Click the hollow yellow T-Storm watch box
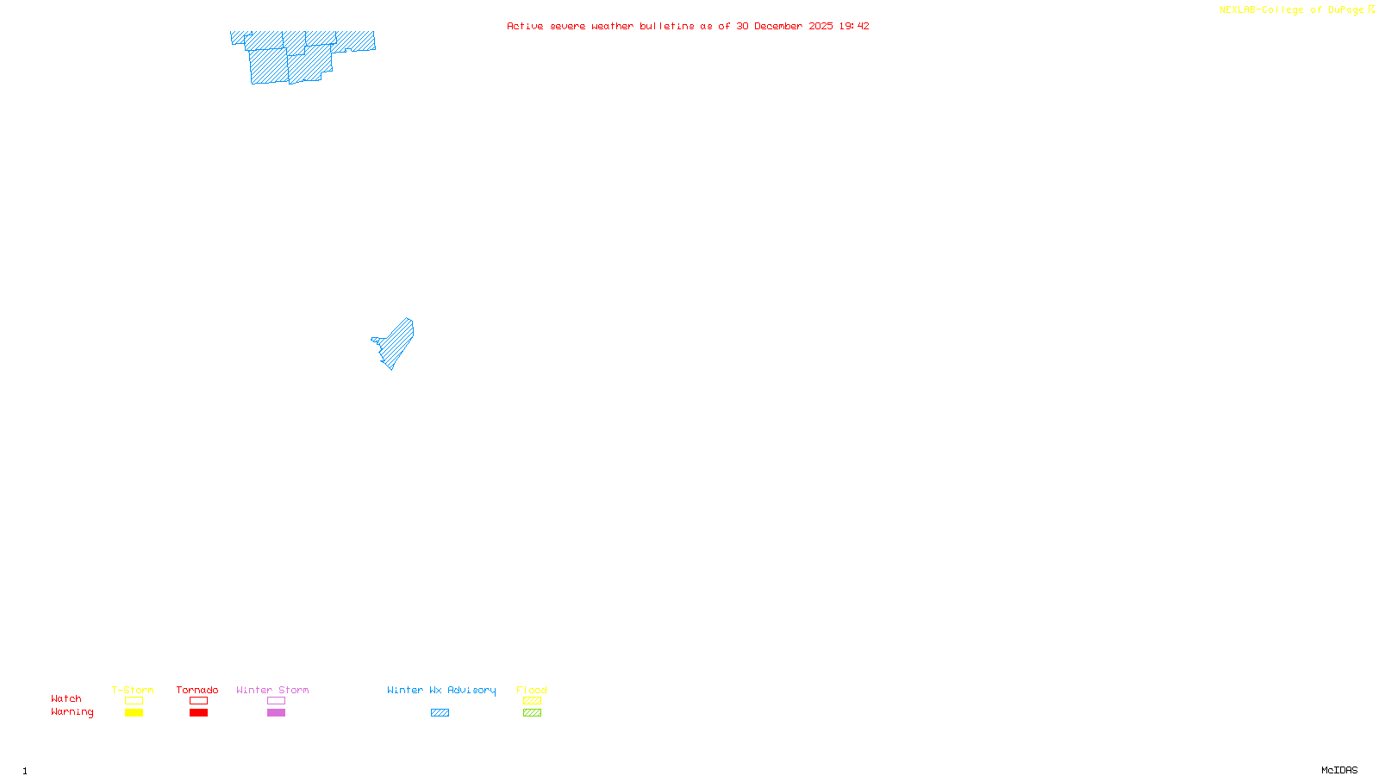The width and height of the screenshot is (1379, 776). point(134,701)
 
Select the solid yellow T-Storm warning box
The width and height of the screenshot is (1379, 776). point(134,713)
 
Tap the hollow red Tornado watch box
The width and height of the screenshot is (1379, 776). point(198,701)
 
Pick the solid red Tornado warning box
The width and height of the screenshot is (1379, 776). point(198,713)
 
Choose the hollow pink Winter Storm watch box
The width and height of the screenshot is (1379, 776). point(276,701)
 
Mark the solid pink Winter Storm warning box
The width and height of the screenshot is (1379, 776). point(276,713)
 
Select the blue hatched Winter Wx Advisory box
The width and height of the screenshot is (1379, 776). point(440,713)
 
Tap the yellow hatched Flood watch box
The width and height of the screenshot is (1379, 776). point(532,701)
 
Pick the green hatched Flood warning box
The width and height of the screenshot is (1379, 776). point(532,713)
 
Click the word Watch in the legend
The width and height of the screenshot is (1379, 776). point(66,699)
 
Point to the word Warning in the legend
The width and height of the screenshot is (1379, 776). point(72,712)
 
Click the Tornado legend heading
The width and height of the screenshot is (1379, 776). point(197,690)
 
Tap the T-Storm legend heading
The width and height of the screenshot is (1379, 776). point(133,690)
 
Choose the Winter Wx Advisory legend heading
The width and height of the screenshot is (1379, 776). point(441,690)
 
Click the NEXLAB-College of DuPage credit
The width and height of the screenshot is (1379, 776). point(1292,10)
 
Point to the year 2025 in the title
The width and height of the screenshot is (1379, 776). point(821,26)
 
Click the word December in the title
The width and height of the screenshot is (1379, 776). point(778,26)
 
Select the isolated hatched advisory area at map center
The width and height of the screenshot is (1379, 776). point(396,344)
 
